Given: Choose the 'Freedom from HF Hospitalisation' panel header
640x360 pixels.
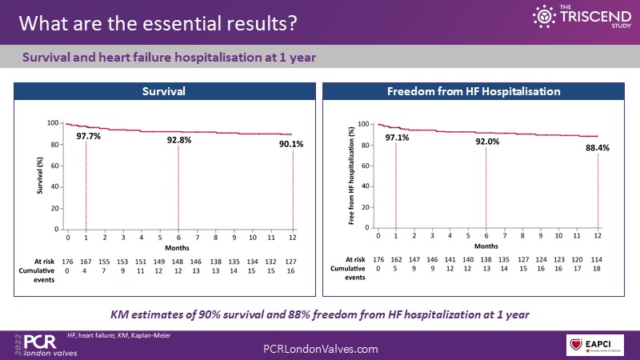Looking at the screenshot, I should click(x=474, y=92).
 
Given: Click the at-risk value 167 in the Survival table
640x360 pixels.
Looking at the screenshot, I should click(x=86, y=261).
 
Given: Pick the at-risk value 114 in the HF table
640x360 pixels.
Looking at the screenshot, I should click(x=597, y=259).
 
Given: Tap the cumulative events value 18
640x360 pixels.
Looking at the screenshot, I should click(x=597, y=270).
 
